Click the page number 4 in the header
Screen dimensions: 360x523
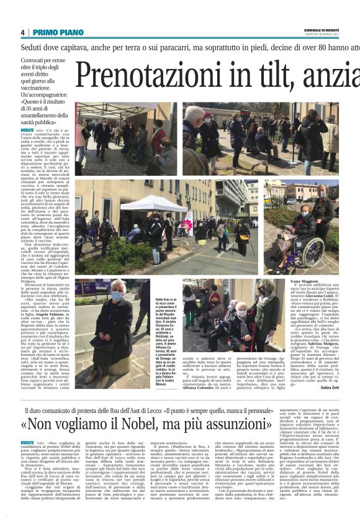tap(22, 32)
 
